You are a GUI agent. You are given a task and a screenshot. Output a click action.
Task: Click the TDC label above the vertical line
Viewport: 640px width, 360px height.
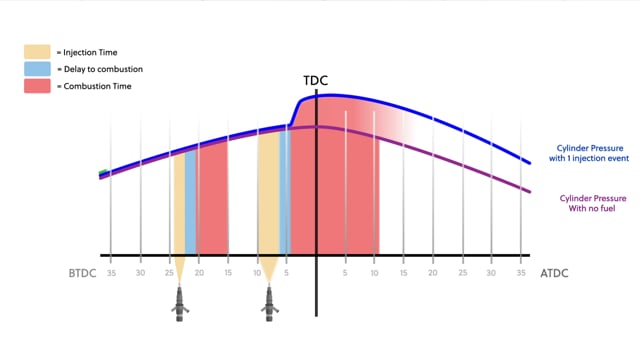pos(315,80)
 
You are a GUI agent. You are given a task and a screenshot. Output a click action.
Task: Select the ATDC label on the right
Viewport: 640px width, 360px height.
pos(555,273)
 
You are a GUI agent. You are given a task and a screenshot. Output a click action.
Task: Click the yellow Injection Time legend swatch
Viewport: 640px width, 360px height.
pos(37,51)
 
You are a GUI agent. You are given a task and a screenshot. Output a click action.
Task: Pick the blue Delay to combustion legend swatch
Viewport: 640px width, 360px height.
pos(37,69)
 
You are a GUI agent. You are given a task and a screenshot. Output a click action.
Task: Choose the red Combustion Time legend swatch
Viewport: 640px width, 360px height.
pos(37,87)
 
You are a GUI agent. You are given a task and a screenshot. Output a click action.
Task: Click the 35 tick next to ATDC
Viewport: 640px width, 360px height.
pos(521,273)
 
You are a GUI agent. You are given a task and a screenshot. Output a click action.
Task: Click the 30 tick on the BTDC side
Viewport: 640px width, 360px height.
pos(140,273)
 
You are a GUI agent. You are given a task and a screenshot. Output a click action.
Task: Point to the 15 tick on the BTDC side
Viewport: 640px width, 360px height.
pos(228,273)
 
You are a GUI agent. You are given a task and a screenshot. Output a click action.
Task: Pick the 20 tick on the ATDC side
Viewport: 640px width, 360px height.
pos(433,273)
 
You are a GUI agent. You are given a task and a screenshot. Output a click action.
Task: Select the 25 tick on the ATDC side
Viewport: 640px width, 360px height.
pos(462,273)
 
